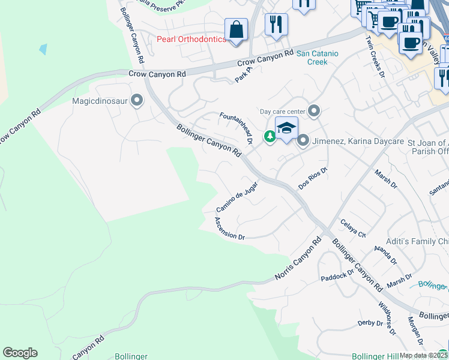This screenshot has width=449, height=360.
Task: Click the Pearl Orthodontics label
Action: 191,40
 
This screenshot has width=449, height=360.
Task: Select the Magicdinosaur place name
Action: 100,101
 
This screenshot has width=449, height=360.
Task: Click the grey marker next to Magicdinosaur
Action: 137,100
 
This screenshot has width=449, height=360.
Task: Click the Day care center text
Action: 282,111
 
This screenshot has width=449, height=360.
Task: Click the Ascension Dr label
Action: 229,229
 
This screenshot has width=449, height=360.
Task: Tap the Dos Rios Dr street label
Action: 313,179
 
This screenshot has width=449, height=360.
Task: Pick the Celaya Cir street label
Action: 353,229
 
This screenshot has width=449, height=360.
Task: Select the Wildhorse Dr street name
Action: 386,316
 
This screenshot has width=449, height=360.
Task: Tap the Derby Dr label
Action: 370,323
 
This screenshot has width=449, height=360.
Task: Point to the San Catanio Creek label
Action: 318,57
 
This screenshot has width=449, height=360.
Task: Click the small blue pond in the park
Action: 43,49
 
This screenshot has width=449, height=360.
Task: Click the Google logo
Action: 20,353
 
